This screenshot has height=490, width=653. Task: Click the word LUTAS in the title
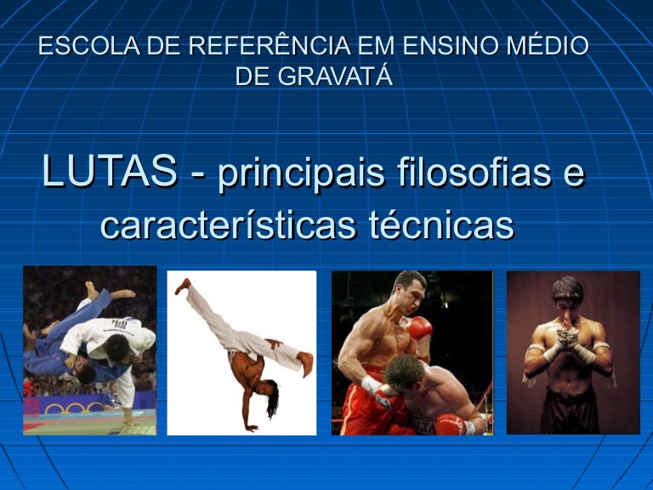point(110,171)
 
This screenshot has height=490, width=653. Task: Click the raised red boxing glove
point(420,327)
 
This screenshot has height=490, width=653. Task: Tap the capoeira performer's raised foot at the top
point(184,287)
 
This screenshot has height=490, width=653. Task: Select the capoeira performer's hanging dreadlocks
point(272,400)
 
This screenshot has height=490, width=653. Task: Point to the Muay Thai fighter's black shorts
point(570,410)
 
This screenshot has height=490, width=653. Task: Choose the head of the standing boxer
point(409,290)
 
